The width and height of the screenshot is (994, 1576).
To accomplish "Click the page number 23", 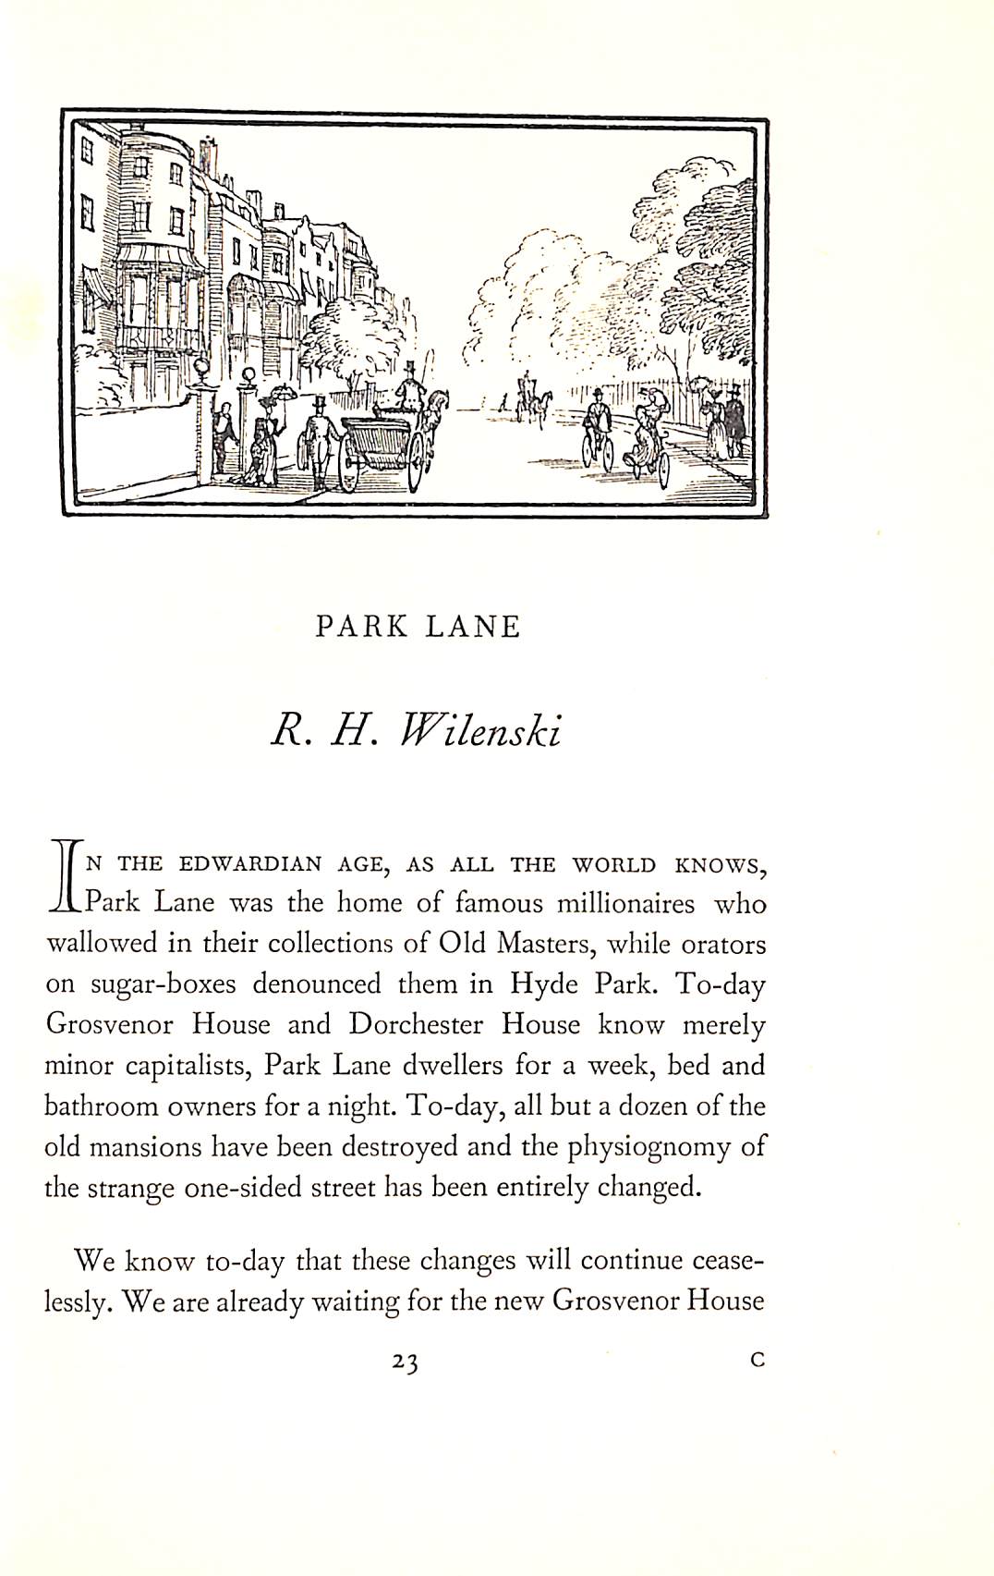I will [405, 1362].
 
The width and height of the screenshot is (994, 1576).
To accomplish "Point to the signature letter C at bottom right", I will [758, 1360].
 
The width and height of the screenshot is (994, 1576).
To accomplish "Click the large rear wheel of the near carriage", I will [350, 465].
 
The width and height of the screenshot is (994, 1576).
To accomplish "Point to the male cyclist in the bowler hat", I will [599, 414].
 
